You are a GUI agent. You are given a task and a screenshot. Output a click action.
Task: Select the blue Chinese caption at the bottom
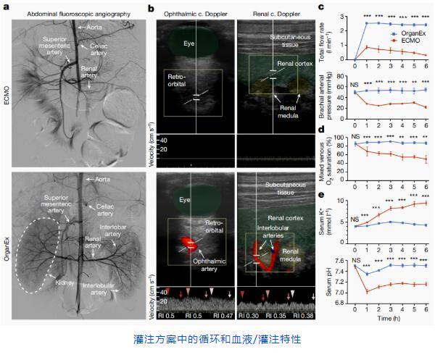coord(217,339)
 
